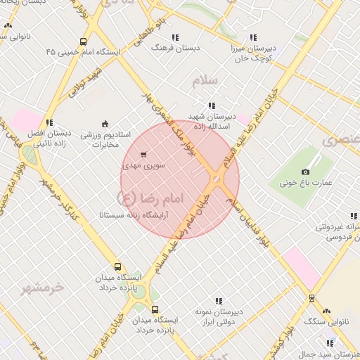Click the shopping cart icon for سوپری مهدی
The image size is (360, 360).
144,154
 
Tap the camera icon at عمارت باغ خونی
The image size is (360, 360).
305,172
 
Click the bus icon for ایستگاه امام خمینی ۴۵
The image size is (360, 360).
84,41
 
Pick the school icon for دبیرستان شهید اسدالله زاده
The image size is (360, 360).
212,105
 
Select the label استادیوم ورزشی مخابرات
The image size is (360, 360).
106,139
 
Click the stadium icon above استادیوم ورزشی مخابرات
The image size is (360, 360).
105,124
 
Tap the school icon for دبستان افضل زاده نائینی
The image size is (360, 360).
49,122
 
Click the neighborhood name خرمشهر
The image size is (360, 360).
42,287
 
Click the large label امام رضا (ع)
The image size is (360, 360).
151,196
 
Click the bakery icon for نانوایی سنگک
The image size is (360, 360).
326,310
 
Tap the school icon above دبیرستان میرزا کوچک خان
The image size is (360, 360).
253,37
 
